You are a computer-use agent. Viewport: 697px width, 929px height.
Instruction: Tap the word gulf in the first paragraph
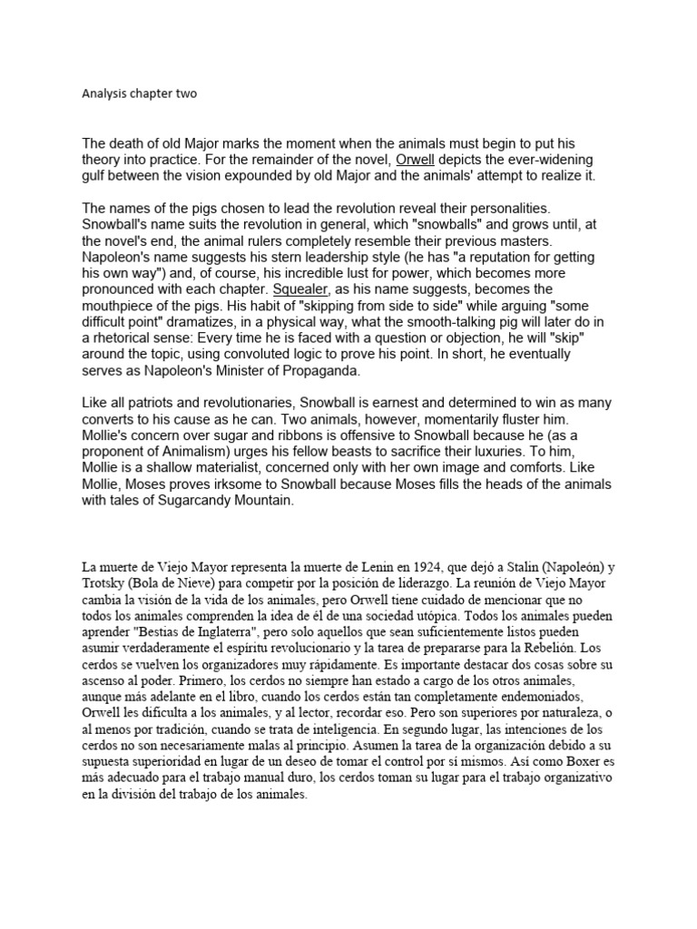pos(98,176)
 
